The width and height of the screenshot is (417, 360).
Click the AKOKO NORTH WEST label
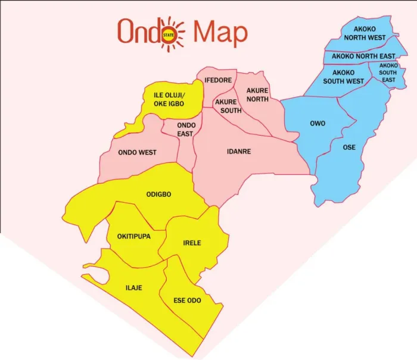tap(370, 33)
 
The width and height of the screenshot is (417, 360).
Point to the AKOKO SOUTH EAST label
tap(388, 73)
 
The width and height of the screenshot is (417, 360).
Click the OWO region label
tap(318, 124)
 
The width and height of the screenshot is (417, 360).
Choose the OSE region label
tap(350, 147)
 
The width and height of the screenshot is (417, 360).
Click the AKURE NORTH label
tap(257, 95)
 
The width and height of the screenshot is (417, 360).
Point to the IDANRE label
tap(239, 152)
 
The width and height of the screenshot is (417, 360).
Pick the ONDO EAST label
tap(186, 129)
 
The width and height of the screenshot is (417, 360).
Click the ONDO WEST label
tap(137, 152)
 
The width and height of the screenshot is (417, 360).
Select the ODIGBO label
tap(159, 195)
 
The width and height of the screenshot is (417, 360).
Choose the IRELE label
tap(192, 243)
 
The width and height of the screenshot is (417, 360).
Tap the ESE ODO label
tap(187, 300)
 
